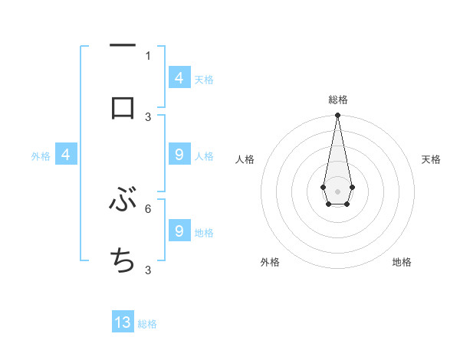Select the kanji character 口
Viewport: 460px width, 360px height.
tap(123, 107)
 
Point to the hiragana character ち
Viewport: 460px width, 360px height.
tap(123, 260)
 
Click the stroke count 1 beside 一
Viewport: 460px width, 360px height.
tap(148, 56)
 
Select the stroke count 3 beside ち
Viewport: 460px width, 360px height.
tap(148, 270)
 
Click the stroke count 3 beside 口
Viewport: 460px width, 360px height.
tap(148, 116)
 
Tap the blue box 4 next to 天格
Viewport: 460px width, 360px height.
tap(179, 78)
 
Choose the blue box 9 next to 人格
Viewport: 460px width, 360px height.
tap(179, 155)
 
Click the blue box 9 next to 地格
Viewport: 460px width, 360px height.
tap(179, 231)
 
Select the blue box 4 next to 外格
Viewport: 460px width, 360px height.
tap(65, 155)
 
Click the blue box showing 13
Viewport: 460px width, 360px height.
tap(123, 322)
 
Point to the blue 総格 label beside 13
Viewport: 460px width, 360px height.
tap(147, 324)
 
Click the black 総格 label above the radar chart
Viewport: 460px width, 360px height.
tap(338, 100)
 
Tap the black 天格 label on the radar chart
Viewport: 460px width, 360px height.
tap(432, 159)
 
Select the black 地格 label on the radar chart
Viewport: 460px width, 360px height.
tap(402, 262)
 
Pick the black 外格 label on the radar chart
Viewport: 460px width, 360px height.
tap(270, 262)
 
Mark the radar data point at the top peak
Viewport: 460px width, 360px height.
tap(337, 116)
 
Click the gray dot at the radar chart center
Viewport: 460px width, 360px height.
tap(337, 191)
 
